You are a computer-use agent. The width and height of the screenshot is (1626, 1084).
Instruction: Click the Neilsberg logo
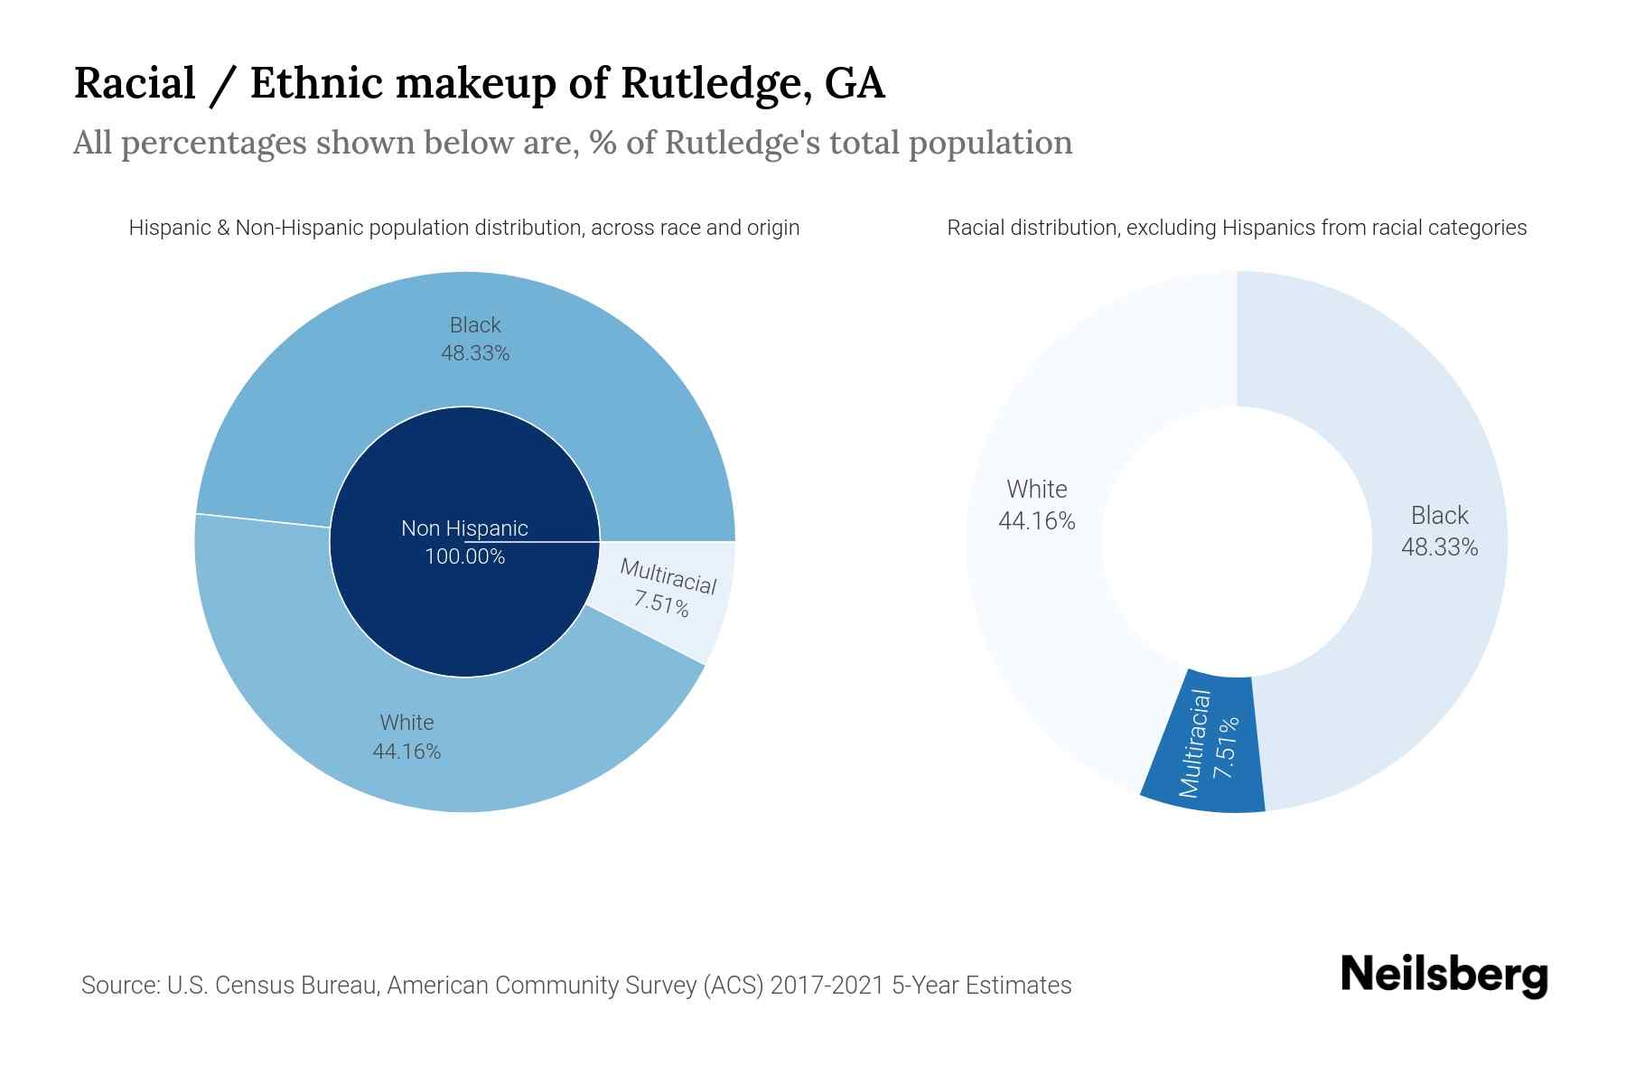click(1444, 976)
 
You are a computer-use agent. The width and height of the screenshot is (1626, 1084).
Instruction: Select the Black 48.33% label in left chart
click(475, 339)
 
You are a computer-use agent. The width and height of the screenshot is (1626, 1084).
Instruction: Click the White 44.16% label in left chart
click(406, 736)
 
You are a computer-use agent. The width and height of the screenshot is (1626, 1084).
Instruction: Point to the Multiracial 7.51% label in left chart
click(665, 589)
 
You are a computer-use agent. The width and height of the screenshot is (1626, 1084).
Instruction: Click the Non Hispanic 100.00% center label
click(464, 542)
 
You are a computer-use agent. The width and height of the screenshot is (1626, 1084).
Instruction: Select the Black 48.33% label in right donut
click(1439, 531)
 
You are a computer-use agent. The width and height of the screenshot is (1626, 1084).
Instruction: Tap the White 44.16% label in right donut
click(1037, 505)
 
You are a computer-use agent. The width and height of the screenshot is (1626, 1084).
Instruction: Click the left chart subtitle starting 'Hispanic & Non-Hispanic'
click(463, 228)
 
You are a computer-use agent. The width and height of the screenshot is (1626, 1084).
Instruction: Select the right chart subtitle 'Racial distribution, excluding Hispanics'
click(1236, 228)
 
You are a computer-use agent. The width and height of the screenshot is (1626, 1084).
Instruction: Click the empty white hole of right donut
click(1236, 542)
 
